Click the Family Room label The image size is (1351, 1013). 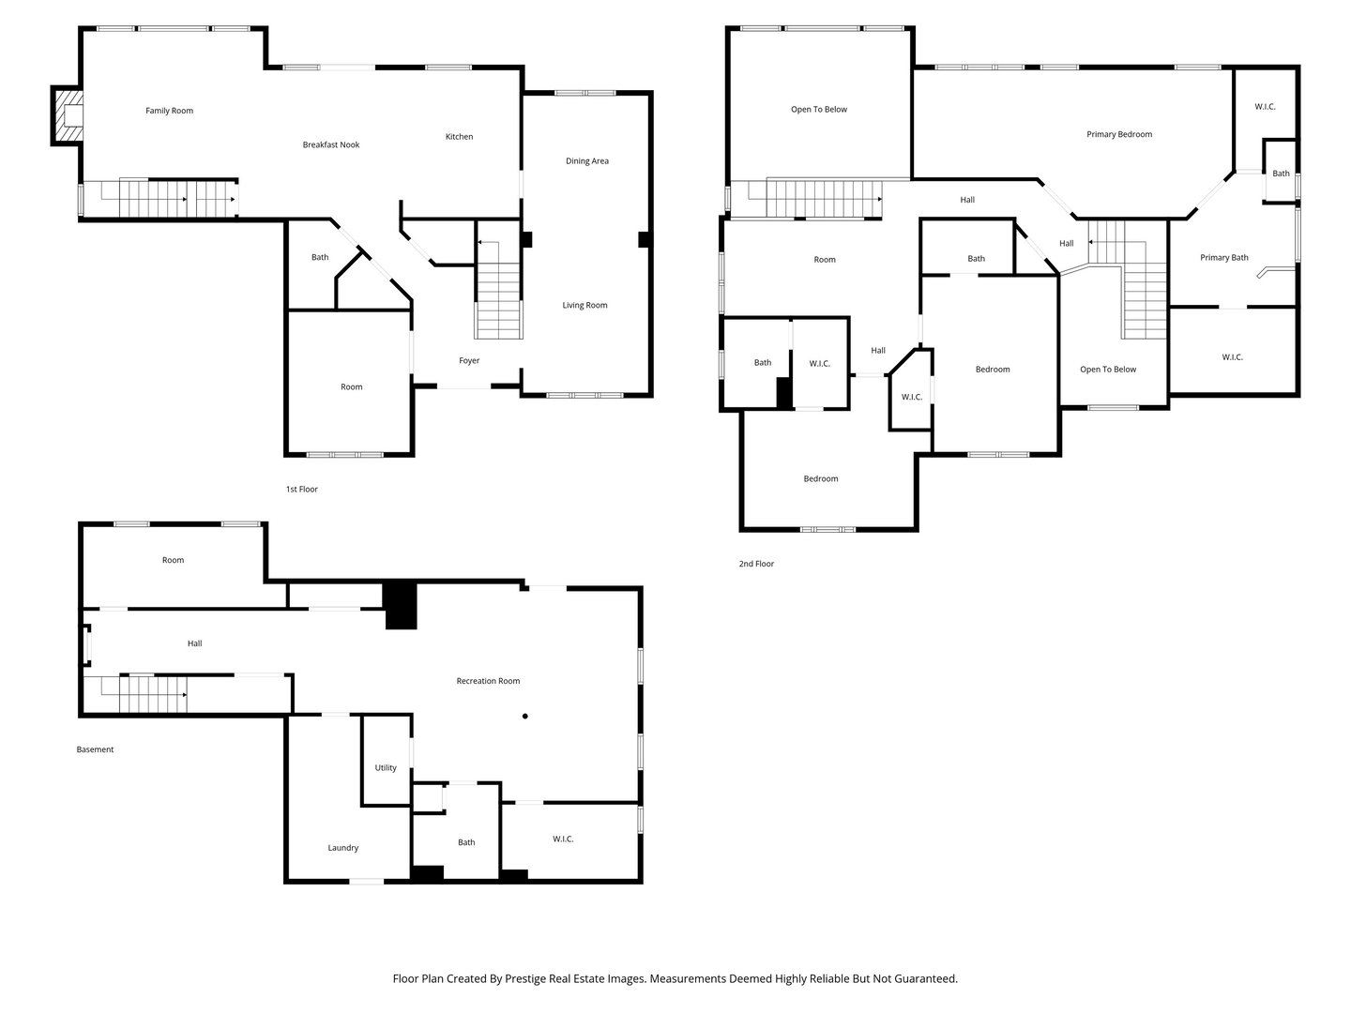[x=169, y=111]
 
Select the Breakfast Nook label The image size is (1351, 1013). [x=330, y=144]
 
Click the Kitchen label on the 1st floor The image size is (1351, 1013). [x=459, y=137]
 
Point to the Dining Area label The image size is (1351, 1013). [x=586, y=161]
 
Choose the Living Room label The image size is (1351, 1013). [x=584, y=306]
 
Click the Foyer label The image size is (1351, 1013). [x=469, y=361]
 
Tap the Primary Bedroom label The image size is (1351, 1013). [x=1118, y=134]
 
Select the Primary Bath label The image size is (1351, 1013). [x=1223, y=258]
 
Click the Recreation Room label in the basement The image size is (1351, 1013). [x=488, y=681]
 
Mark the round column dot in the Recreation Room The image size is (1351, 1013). [x=525, y=717]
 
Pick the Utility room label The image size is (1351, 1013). [x=386, y=768]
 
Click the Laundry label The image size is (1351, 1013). [x=342, y=848]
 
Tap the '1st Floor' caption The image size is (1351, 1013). [x=301, y=490]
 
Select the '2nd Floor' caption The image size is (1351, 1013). [x=756, y=564]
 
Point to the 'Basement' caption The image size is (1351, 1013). [x=95, y=749]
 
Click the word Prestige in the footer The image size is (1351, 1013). [x=527, y=978]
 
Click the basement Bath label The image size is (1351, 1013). [x=466, y=842]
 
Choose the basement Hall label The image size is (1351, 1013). [x=194, y=643]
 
